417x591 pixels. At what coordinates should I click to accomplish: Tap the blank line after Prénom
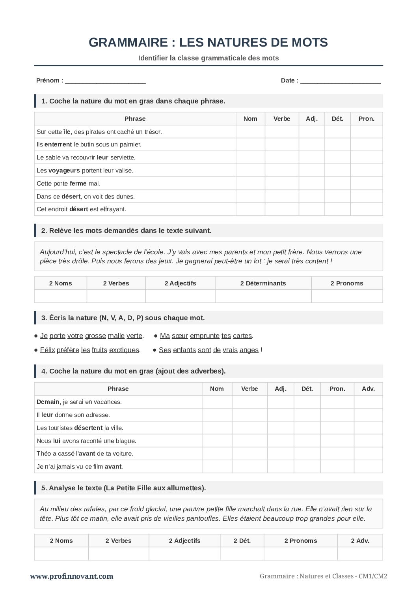(105, 81)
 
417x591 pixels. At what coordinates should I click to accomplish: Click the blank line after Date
(341, 81)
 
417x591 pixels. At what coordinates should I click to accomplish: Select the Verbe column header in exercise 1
(281, 119)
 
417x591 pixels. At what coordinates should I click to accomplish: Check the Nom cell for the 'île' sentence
(250, 132)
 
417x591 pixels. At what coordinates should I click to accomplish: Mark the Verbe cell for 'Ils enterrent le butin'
(281, 144)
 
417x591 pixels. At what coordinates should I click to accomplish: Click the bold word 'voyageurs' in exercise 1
(64, 171)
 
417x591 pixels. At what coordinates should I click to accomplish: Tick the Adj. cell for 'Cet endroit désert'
(311, 209)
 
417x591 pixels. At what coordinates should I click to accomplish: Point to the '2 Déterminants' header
(263, 283)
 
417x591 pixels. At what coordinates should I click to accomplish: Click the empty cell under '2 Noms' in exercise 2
(60, 296)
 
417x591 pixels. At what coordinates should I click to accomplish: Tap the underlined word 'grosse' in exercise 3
(95, 336)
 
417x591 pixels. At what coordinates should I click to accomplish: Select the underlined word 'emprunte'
(205, 336)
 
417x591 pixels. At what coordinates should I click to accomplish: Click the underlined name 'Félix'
(47, 350)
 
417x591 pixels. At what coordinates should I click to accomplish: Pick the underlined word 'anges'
(249, 350)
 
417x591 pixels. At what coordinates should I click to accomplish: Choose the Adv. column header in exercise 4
(368, 389)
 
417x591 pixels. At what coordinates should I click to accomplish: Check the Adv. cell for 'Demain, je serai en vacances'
(368, 402)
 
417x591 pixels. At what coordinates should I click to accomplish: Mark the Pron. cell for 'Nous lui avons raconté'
(337, 441)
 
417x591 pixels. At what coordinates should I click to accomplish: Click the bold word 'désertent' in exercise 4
(88, 428)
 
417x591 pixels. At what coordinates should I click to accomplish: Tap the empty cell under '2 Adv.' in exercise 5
(360, 553)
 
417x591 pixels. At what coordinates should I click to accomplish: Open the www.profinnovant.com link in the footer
(71, 576)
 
